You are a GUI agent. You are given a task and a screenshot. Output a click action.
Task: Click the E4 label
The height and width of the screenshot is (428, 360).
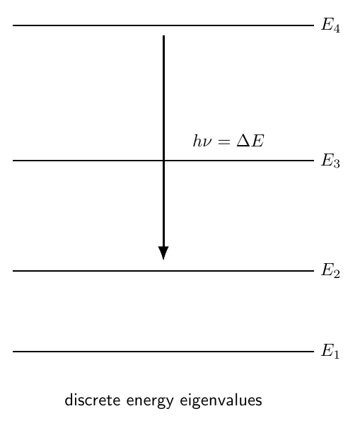point(330,25)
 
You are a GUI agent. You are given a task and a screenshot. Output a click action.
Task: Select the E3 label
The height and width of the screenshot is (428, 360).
point(330,160)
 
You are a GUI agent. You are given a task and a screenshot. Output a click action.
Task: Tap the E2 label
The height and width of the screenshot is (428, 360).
point(330,270)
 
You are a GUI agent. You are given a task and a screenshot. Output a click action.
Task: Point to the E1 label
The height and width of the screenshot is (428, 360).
point(330,351)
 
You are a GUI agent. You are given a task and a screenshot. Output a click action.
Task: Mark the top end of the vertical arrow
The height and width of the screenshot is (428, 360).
point(163,35)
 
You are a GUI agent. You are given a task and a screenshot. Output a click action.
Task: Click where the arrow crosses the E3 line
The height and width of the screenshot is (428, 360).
point(163,161)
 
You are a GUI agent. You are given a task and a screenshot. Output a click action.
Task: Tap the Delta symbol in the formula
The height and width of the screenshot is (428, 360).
point(243,141)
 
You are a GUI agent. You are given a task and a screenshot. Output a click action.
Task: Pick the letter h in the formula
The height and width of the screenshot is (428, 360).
point(197,141)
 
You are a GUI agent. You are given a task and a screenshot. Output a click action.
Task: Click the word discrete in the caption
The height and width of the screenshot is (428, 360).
point(93,400)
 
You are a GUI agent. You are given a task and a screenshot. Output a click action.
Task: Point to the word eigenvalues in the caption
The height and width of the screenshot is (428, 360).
point(221,400)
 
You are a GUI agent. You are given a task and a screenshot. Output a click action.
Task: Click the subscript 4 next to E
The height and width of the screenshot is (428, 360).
point(337,29)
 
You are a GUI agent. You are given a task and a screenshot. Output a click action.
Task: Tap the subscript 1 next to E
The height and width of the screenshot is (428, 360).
point(336,354)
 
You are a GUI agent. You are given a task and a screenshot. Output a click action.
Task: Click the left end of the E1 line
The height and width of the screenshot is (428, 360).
point(13,352)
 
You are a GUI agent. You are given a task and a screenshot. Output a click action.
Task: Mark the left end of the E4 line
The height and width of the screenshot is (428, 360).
point(13,25)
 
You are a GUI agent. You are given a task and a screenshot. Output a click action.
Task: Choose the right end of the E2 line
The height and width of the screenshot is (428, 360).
point(314,271)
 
